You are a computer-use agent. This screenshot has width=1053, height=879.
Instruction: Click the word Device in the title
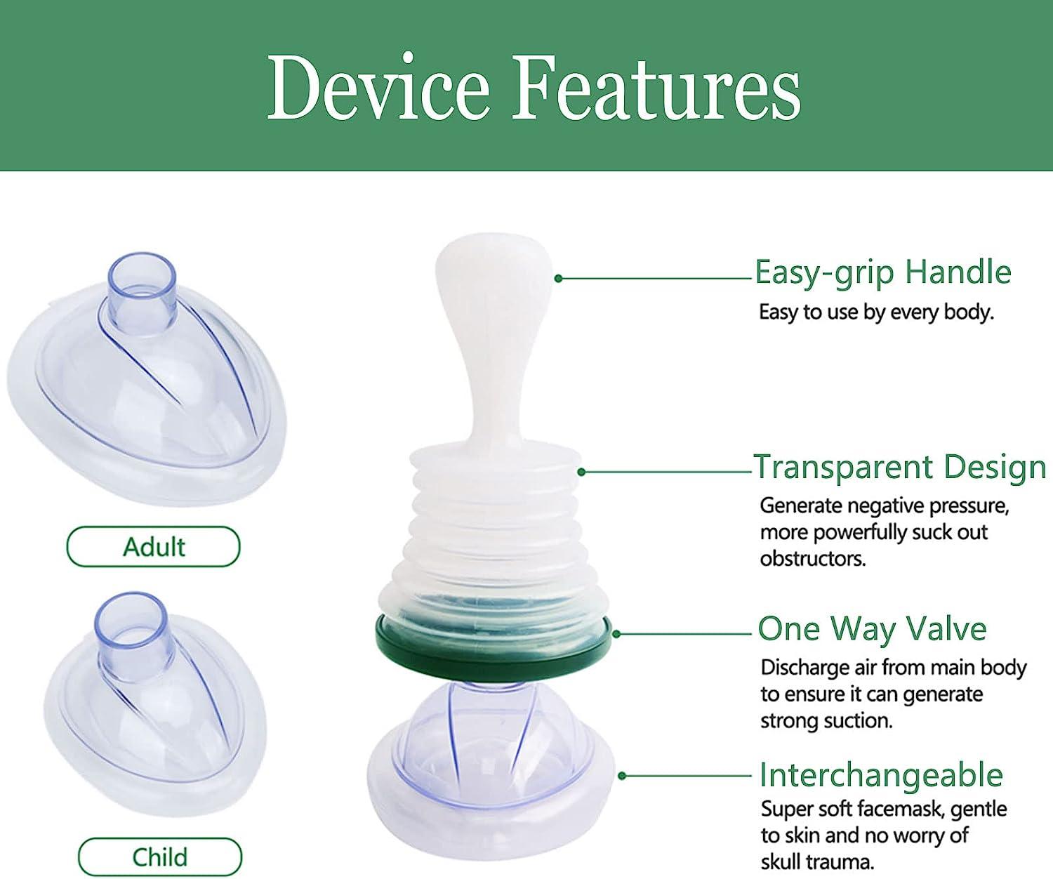coord(379,87)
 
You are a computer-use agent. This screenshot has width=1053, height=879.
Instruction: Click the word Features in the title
coord(656,87)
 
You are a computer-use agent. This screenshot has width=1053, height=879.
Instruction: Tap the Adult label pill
coord(153,547)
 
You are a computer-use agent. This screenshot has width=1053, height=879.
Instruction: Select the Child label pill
coord(160,857)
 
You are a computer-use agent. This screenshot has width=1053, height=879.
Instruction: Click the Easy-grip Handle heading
coord(883,273)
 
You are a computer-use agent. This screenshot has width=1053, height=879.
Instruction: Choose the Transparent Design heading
coord(899,467)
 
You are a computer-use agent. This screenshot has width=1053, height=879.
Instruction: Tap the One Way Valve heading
coord(872,629)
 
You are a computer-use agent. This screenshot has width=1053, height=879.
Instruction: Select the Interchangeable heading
coord(881,774)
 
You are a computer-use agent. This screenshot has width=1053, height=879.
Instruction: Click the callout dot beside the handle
coord(558,279)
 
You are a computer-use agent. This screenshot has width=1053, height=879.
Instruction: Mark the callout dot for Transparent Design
coord(581,472)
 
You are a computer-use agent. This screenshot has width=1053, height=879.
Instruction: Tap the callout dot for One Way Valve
coord(616,634)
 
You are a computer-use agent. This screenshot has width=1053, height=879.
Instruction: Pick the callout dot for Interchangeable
coord(622,776)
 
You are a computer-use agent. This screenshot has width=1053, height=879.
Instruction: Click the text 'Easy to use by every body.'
coord(877,312)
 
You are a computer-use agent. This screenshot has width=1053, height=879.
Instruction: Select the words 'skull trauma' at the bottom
coord(817,862)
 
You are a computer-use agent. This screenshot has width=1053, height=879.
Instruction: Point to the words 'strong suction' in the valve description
coord(826,721)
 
